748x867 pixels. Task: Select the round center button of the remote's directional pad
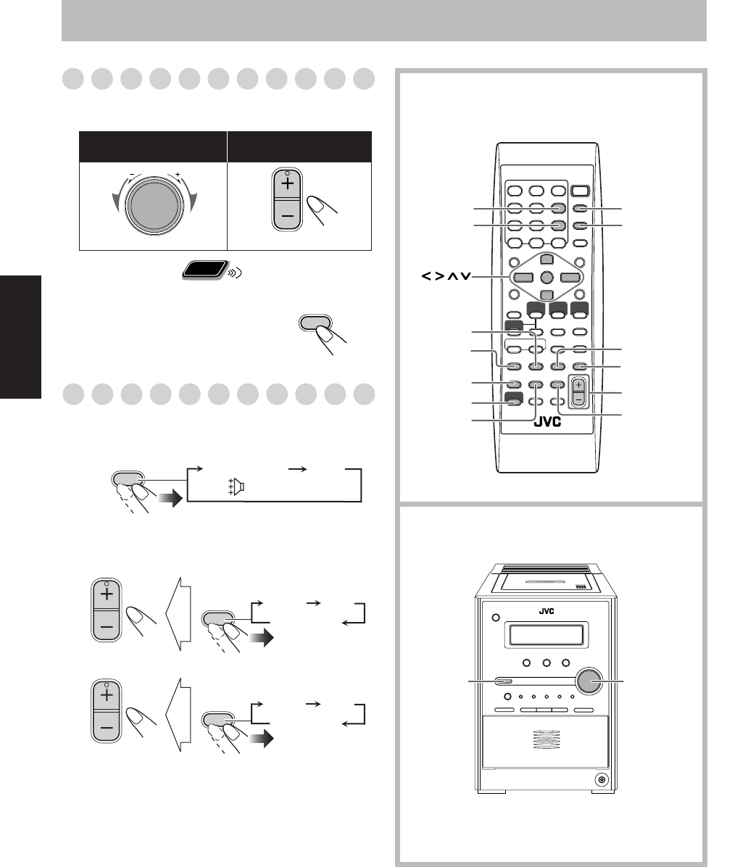(547, 277)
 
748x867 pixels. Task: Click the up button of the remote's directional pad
(547, 260)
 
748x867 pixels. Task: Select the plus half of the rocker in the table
(287, 184)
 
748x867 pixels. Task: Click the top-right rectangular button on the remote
(580, 191)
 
